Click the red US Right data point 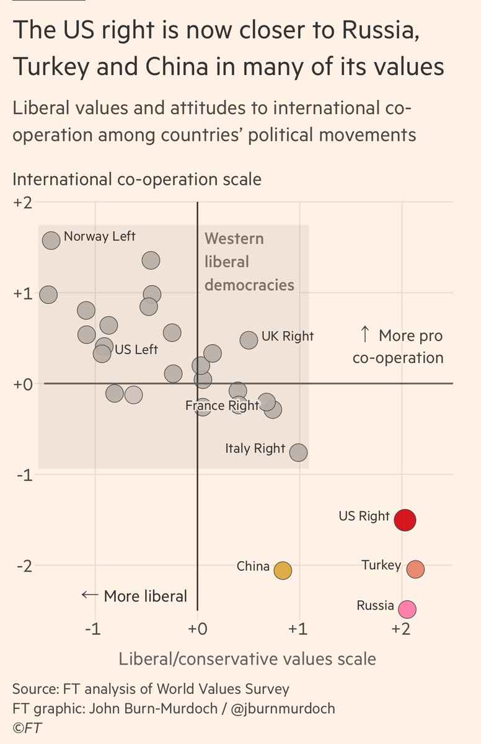(x=405, y=520)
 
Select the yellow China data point (x=282, y=570)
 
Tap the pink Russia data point (x=407, y=609)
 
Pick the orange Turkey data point (x=415, y=569)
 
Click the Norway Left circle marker (x=51, y=240)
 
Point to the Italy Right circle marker (x=299, y=453)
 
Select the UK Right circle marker (x=249, y=340)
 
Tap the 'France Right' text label (x=222, y=405)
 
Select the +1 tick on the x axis (x=299, y=628)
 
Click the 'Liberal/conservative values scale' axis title (x=247, y=658)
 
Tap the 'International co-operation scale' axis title (x=137, y=180)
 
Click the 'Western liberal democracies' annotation (x=249, y=262)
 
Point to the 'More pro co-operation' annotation (x=400, y=347)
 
